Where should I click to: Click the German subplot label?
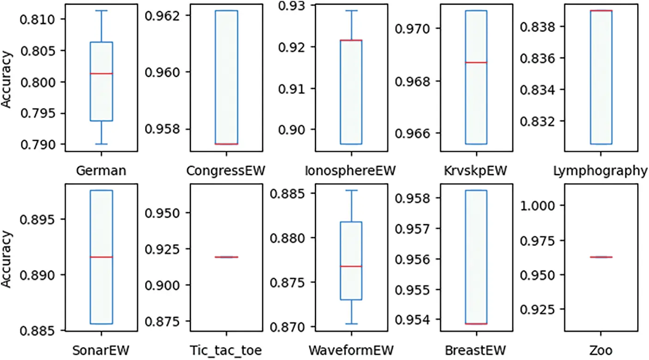(x=101, y=171)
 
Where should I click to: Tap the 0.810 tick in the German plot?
(x=40, y=19)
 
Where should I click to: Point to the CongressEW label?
(x=226, y=171)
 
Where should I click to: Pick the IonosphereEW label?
(x=351, y=171)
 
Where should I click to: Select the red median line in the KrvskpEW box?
(x=476, y=62)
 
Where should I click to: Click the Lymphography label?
(x=600, y=171)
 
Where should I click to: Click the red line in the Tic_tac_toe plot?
(x=226, y=257)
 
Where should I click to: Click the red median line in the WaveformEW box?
(x=351, y=267)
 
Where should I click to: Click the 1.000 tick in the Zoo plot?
(x=539, y=205)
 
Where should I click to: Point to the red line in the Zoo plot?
(x=600, y=257)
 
